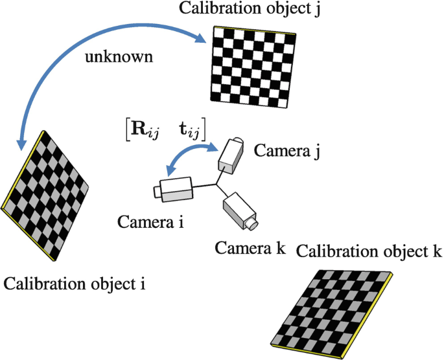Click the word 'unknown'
(x=119, y=58)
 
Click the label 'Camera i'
(x=151, y=223)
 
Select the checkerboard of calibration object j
(x=253, y=64)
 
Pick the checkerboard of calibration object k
(x=336, y=305)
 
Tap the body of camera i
(x=179, y=188)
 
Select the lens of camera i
(x=158, y=192)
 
